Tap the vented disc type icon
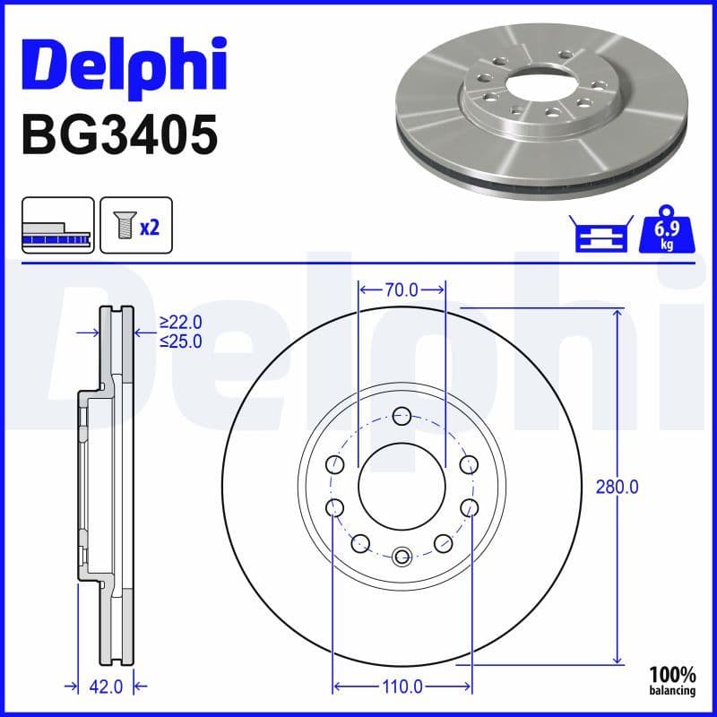point(56,226)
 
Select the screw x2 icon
point(135,226)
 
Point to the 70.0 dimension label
point(402,289)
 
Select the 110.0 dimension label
point(402,687)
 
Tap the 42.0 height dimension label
point(104,687)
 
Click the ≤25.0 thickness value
point(181,341)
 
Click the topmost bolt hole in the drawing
point(402,415)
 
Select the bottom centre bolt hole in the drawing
point(402,556)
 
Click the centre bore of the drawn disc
point(402,486)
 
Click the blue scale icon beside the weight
point(600,234)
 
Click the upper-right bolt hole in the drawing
point(469,464)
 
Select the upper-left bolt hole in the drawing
point(335,464)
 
